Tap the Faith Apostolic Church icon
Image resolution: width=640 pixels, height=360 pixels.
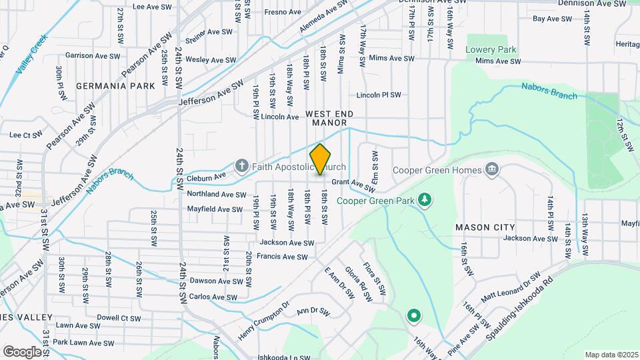click(x=241, y=165)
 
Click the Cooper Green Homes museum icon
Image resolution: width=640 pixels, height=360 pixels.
click(x=492, y=170)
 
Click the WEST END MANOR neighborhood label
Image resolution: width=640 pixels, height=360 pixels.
click(x=327, y=119)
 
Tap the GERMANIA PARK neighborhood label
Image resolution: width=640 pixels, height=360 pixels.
click(x=115, y=86)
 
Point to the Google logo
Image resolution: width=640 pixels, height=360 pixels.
click(x=22, y=351)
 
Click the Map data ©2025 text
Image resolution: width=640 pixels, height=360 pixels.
click(x=611, y=354)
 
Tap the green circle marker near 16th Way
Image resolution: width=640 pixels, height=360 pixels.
click(x=414, y=315)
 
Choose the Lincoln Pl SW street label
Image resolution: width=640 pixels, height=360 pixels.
click(x=378, y=95)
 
